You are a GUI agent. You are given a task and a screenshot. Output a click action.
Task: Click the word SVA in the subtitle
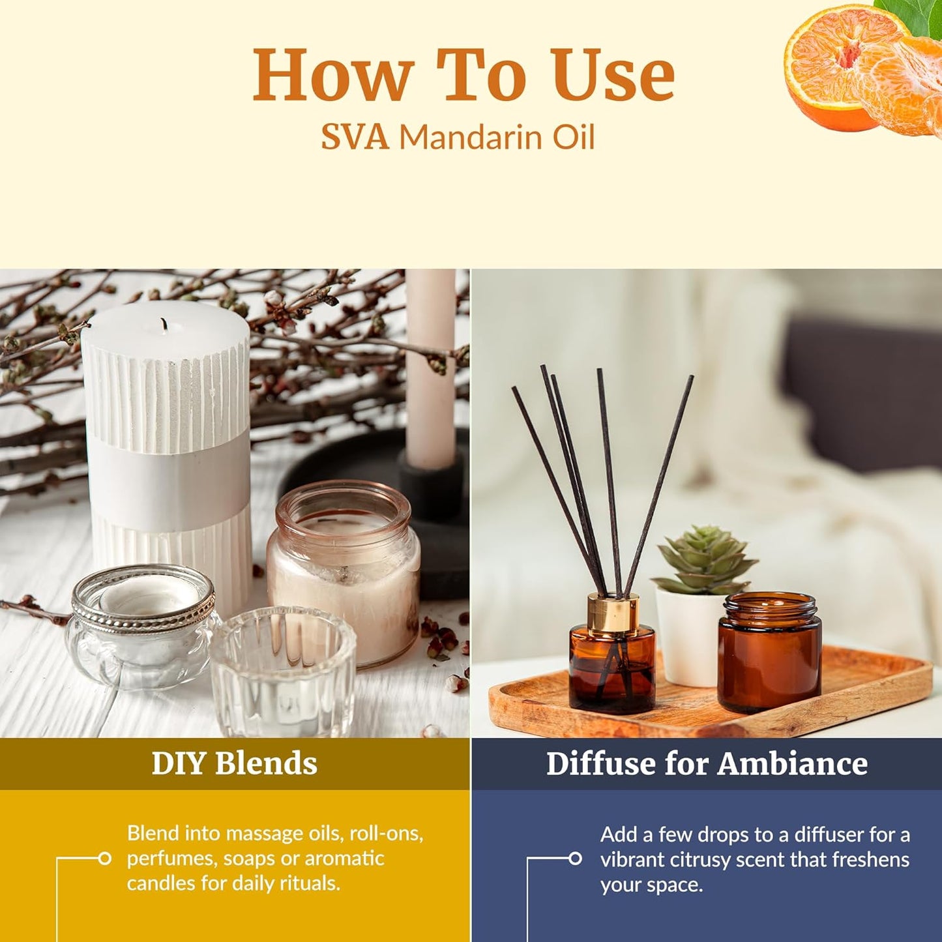(355, 138)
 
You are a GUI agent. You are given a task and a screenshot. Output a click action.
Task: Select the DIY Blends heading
(234, 763)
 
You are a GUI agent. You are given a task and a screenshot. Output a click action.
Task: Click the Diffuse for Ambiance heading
(707, 763)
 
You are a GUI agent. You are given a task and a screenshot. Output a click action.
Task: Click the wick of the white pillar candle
(163, 324)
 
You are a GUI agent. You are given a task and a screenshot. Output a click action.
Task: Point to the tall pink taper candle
(430, 365)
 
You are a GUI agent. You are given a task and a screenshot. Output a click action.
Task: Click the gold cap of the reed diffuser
(611, 612)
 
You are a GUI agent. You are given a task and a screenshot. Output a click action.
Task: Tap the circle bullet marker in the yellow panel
(104, 859)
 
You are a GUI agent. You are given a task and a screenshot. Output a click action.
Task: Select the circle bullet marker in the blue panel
(575, 859)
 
